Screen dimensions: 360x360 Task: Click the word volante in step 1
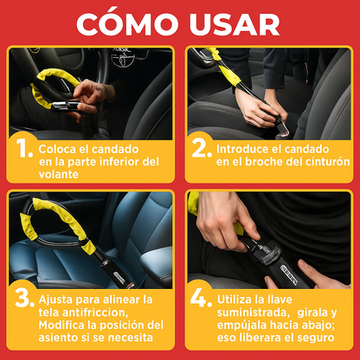pyautogui.click(x=59, y=175)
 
